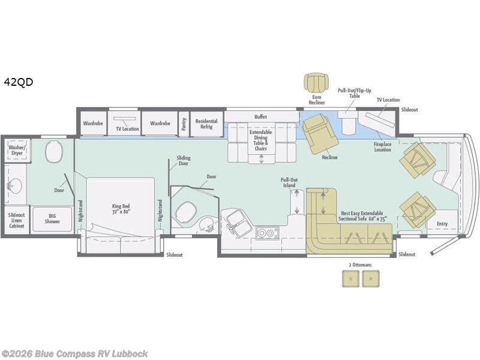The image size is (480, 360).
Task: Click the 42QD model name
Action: coord(19,82)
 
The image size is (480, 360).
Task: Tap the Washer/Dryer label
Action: coord(17,150)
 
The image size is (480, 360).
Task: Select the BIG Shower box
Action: coord(52,219)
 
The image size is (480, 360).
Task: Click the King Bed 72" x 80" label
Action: coord(121,209)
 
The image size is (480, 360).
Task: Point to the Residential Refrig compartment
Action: coord(206,124)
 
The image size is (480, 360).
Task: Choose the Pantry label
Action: coord(184,124)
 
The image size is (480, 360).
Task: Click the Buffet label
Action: coord(260,116)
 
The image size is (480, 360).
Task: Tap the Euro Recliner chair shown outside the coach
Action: coord(317,83)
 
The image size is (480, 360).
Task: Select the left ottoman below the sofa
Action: coord(351,279)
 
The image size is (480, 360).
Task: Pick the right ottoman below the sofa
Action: coord(371,279)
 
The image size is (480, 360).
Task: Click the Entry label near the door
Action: coord(442,224)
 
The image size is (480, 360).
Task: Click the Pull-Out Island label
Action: coord(289,182)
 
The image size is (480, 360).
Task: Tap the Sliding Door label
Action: coord(184,161)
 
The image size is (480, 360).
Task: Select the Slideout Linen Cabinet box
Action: coord(17,220)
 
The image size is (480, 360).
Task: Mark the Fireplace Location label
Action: coord(382,147)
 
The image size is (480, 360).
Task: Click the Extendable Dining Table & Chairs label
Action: coord(260,140)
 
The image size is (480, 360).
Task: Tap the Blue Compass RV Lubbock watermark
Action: coord(74,353)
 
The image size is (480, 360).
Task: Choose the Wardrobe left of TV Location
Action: coord(93,124)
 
